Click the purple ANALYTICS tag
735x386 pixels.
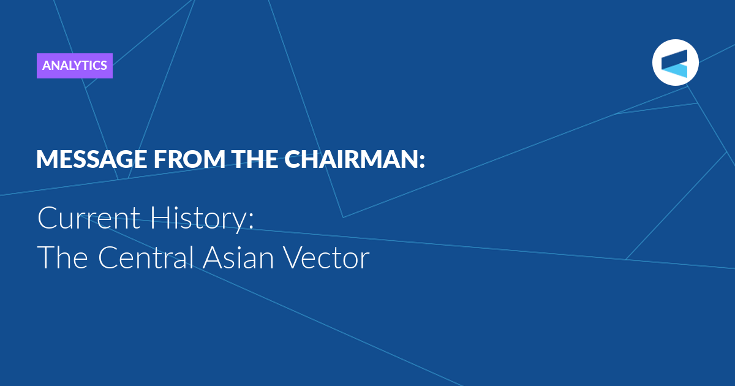coord(75,66)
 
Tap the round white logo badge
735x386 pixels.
coord(675,62)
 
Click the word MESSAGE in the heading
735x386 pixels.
coord(91,159)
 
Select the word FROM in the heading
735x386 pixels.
coord(190,159)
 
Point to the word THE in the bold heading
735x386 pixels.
coord(255,159)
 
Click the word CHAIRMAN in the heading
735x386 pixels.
coord(350,159)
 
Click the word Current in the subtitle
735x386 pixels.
coord(89,218)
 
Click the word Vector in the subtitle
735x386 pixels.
coord(326,258)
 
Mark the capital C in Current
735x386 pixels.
coord(48,218)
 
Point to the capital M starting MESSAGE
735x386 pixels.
coord(45,159)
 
